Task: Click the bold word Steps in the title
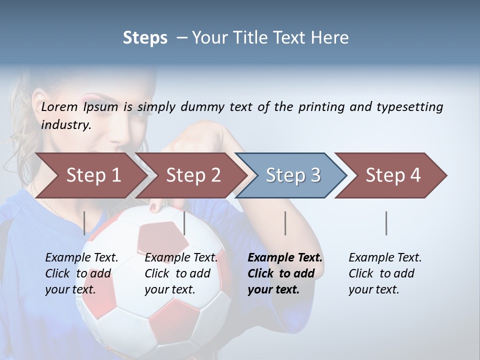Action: (145, 38)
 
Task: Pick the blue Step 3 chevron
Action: (293, 175)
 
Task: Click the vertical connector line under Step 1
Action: (84, 223)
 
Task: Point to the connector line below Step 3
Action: (285, 223)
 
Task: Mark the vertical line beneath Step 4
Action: (386, 223)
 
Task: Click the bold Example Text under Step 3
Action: (285, 273)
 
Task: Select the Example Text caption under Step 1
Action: (81, 273)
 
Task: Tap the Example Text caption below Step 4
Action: (385, 273)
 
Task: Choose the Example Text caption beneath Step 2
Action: (181, 273)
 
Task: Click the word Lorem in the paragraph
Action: (59, 106)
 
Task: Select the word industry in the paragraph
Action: (65, 125)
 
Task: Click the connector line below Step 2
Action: (184, 223)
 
